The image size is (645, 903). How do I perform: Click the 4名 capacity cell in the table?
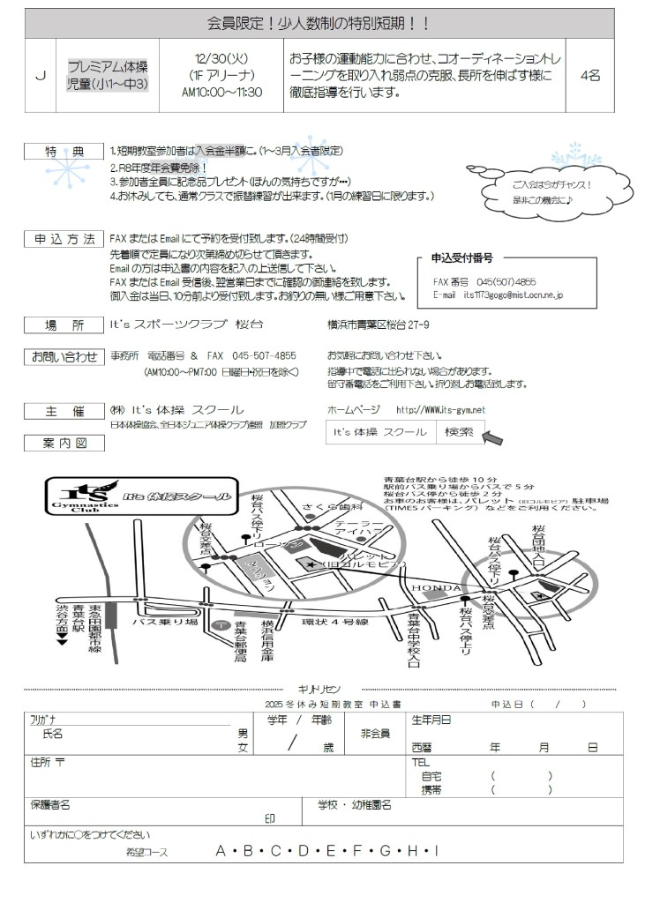coord(590,76)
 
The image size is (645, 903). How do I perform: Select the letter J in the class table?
coord(40,76)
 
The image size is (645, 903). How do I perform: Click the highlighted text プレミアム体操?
coord(109,67)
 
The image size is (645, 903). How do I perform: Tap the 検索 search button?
coord(459,432)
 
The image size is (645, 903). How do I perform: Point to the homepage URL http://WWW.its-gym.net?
coord(440,410)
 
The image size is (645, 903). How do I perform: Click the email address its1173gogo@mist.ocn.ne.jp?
coord(513,295)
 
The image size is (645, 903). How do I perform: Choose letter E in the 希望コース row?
coord(330,851)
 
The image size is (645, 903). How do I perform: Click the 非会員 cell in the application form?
coord(375,734)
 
